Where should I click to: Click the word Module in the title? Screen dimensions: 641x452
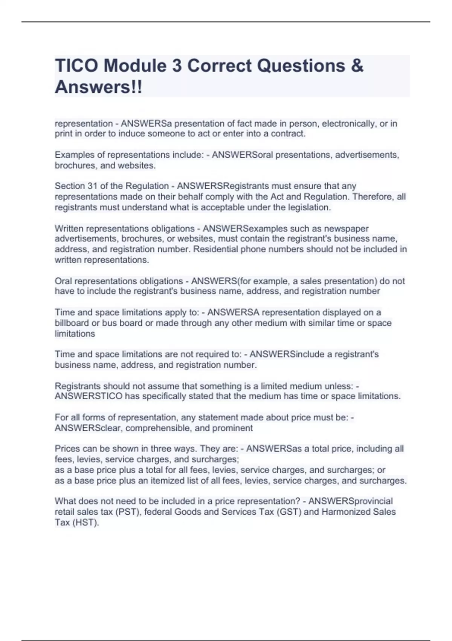coord(135,66)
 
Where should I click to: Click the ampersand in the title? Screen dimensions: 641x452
coord(357,66)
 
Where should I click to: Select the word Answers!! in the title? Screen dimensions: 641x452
coord(99,87)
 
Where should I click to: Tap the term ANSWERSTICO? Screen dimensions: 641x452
coord(89,396)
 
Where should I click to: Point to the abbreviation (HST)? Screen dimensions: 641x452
coord(85,523)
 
